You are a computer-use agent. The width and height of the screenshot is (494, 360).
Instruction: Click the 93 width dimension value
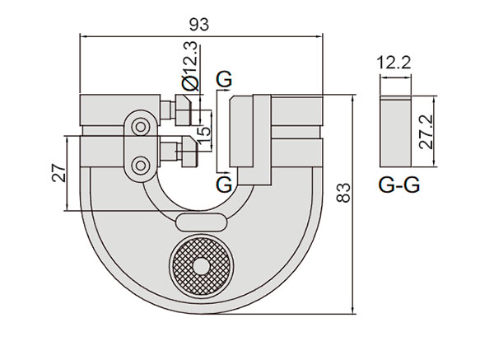click(199, 25)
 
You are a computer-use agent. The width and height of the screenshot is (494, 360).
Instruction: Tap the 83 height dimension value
click(343, 193)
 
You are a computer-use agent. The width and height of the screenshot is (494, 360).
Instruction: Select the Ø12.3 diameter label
click(191, 67)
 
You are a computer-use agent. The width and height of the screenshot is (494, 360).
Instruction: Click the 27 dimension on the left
click(59, 173)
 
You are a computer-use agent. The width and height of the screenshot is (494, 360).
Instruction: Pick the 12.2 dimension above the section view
click(394, 63)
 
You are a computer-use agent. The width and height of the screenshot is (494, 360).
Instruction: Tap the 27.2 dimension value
click(426, 132)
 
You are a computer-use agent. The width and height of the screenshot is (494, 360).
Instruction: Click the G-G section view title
click(398, 185)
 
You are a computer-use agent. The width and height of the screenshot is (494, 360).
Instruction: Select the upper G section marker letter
click(224, 79)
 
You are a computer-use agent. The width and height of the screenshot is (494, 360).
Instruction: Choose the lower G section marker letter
click(224, 185)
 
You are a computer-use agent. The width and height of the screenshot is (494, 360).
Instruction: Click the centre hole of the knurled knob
click(201, 266)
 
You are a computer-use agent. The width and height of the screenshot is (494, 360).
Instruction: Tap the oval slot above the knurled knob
click(201, 222)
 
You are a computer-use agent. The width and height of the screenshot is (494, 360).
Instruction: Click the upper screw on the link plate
click(141, 128)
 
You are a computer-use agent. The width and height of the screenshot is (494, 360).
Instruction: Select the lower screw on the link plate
click(141, 166)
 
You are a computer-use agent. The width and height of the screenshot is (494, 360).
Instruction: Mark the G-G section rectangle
click(395, 131)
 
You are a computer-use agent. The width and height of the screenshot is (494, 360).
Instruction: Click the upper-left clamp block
click(120, 110)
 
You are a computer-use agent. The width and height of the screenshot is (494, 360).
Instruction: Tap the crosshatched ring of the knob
click(201, 266)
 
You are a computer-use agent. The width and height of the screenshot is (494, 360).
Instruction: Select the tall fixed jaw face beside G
click(241, 132)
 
